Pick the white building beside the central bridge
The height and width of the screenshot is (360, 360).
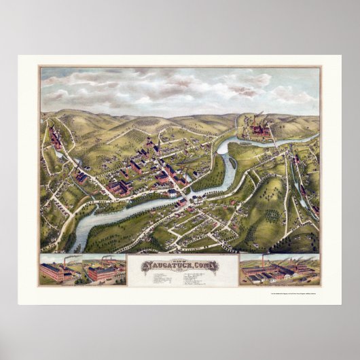tap(182, 201)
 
